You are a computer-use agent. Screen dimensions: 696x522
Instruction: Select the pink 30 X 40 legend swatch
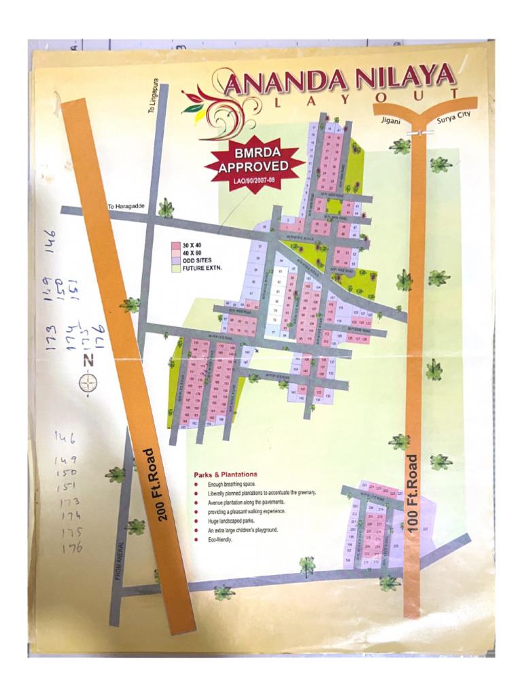175,245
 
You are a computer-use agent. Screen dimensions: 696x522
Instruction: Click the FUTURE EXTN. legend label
203,268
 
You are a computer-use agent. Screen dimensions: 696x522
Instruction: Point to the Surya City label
453,116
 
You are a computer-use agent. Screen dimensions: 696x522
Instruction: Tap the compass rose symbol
88,384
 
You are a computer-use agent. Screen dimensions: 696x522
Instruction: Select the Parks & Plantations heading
225,474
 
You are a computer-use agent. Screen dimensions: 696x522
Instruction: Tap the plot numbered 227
426,529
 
